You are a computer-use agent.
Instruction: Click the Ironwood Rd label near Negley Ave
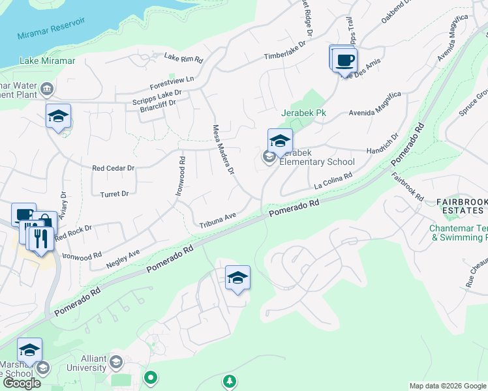click(x=81, y=255)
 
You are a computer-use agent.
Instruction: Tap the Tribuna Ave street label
click(x=217, y=220)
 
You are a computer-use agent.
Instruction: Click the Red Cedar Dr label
click(x=113, y=167)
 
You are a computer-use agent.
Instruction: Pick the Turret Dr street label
click(x=115, y=194)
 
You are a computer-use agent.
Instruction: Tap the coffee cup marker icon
click(x=344, y=60)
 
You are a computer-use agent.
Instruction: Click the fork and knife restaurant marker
click(x=40, y=239)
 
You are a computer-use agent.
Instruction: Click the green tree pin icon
click(x=228, y=381)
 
